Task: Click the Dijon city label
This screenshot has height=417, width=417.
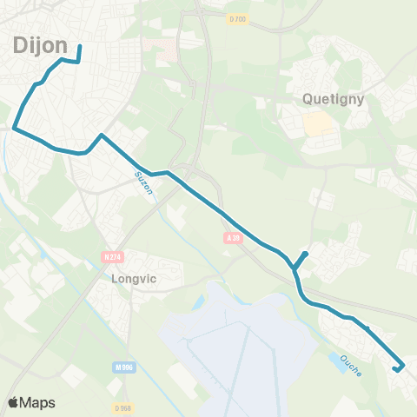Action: point(35,44)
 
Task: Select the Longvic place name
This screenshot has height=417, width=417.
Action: point(132,280)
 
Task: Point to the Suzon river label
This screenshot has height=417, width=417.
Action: point(143,183)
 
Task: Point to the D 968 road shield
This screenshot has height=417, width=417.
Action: point(122,407)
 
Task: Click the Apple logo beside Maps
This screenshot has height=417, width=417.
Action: point(12,402)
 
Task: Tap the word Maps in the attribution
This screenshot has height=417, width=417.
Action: point(38,402)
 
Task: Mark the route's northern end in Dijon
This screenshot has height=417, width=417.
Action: point(80,47)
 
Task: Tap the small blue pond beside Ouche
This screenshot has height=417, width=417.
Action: point(335,359)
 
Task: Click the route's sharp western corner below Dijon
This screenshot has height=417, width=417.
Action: point(15,129)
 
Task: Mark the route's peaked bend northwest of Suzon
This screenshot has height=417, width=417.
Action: point(102,136)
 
